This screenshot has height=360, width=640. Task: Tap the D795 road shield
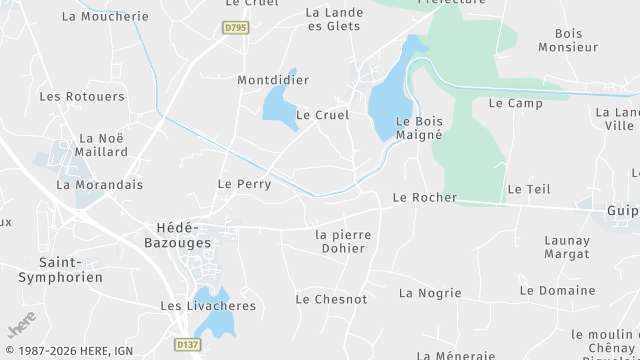click(x=236, y=28)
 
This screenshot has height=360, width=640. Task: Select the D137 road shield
click(x=186, y=344)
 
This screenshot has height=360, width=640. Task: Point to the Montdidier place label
click(x=273, y=80)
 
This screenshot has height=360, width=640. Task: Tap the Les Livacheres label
click(x=208, y=305)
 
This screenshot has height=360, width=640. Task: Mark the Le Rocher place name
click(x=425, y=198)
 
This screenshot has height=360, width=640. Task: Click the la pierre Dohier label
click(x=343, y=241)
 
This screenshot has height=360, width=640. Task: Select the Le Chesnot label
click(x=331, y=299)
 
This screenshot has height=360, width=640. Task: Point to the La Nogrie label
click(x=430, y=293)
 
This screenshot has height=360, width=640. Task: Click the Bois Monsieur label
click(x=568, y=40)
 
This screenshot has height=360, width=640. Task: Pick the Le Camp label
click(x=515, y=103)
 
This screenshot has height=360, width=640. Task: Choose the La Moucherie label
click(x=104, y=17)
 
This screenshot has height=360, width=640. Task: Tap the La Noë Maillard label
click(x=102, y=145)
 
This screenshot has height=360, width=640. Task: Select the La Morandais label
click(x=100, y=185)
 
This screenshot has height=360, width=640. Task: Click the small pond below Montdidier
click(x=278, y=106)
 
